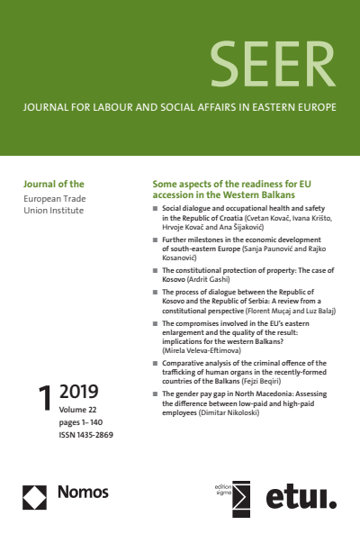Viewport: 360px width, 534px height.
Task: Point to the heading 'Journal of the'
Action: (x=51, y=184)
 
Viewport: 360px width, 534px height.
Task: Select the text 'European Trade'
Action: (x=53, y=197)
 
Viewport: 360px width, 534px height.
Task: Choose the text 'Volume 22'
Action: (x=79, y=410)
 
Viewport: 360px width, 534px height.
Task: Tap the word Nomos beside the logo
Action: (x=82, y=493)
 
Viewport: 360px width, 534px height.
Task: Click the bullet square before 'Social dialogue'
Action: (x=156, y=208)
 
